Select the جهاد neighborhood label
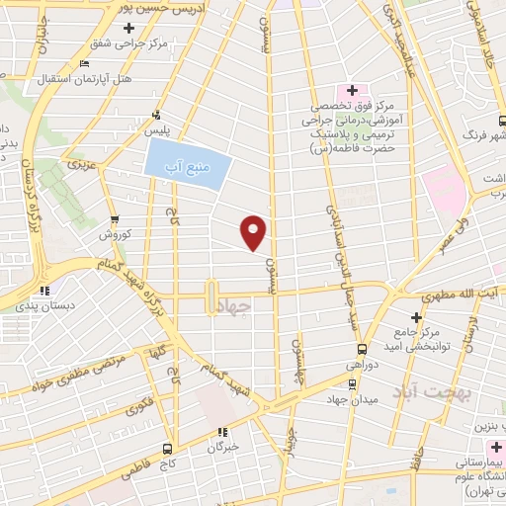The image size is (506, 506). pyautogui.click(x=239, y=307)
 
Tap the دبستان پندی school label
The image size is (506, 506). pyautogui.click(x=43, y=305)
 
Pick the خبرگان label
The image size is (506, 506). pyautogui.click(x=223, y=446)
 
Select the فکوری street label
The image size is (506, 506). pyautogui.click(x=140, y=407)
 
